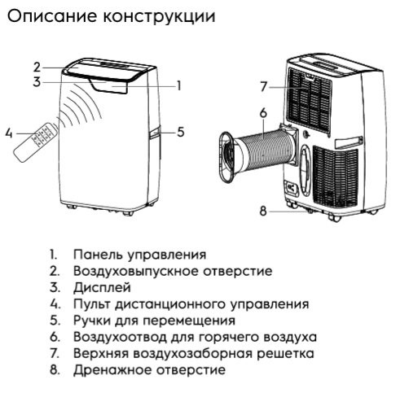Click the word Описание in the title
coord(52,17)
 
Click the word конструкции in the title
coord(160,17)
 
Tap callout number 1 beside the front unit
coord(178,85)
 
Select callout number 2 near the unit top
coord(37,68)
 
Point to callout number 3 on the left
coord(37,82)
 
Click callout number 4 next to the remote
coord(9,133)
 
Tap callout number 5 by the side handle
coord(181,132)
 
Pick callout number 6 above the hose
coord(263,113)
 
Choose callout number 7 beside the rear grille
coord(263,86)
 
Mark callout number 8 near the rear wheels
coord(263,211)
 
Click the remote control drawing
coord(35,142)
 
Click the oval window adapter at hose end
coord(226,157)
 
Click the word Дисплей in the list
coord(102,288)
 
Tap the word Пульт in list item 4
coord(91,303)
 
